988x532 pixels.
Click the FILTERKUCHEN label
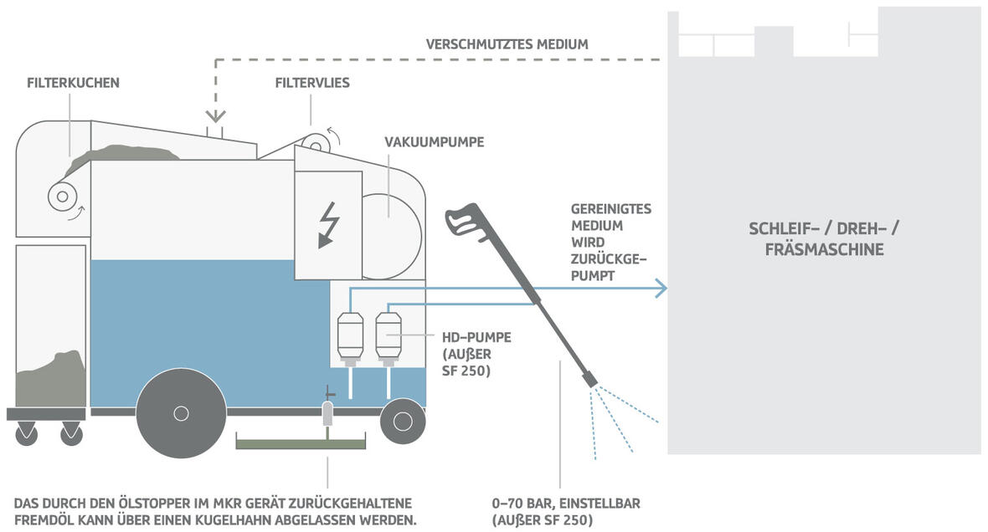click(x=73, y=83)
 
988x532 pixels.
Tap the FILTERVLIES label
click(x=312, y=83)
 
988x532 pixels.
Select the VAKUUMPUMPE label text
click(x=434, y=142)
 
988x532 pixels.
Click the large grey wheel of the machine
click(x=181, y=413)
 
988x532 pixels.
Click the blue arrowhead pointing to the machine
click(x=661, y=289)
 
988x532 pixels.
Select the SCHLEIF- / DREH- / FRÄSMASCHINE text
click(x=824, y=239)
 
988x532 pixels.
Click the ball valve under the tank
click(x=327, y=413)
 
